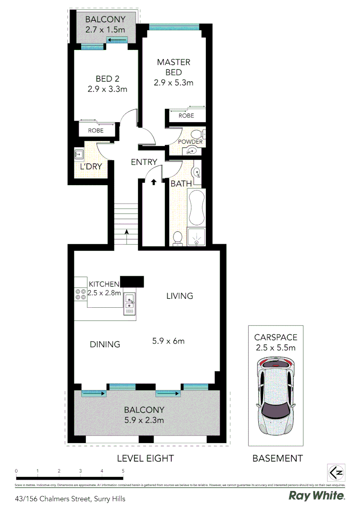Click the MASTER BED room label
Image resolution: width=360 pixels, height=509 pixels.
point(173,67)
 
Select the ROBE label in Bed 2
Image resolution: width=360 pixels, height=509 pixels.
point(96,131)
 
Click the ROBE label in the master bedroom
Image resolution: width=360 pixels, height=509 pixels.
point(186,115)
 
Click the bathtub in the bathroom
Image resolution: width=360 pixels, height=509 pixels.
point(196,207)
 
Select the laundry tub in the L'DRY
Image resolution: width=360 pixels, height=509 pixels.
point(79,154)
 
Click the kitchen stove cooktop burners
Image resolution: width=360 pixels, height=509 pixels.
point(80,295)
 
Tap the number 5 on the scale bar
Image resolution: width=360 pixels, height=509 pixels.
point(123,471)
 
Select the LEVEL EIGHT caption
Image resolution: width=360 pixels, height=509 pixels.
point(145,458)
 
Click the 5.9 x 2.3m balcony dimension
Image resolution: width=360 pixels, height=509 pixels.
point(145,420)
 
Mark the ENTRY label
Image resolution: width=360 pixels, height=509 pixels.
point(144,162)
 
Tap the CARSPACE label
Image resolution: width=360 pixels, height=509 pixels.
point(275,337)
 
